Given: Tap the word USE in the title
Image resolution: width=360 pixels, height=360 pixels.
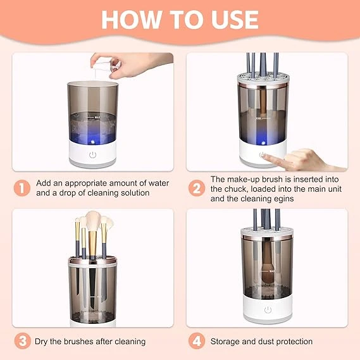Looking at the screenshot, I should tap(232, 19).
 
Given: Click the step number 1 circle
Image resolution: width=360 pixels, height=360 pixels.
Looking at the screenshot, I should tap(22, 187).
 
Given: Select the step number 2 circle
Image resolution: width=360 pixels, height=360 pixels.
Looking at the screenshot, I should tap(196, 187).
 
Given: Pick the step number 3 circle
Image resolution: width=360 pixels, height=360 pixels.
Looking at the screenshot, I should tap(22, 341).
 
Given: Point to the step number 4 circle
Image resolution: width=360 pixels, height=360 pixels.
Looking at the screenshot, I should tap(196, 341).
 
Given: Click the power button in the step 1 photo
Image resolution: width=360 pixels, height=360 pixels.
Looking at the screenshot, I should tap(92, 154).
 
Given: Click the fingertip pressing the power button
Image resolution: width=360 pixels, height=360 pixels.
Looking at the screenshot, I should tap(264, 156).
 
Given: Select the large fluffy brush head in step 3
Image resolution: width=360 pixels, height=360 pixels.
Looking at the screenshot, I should tap(94, 223).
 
